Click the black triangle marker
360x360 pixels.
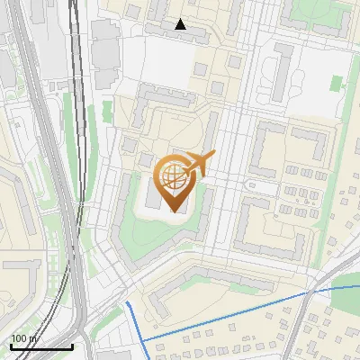click(x=181, y=24)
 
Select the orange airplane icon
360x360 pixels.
click(x=200, y=164)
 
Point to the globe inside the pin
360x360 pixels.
click(x=174, y=176)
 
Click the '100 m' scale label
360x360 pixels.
click(x=24, y=338)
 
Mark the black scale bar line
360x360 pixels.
click(x=40, y=346)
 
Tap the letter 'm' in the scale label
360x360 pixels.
click(x=33, y=338)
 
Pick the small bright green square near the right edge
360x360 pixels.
click(x=337, y=83)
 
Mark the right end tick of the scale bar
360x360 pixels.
click(x=72, y=345)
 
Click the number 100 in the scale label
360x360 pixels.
click(x=19, y=338)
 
